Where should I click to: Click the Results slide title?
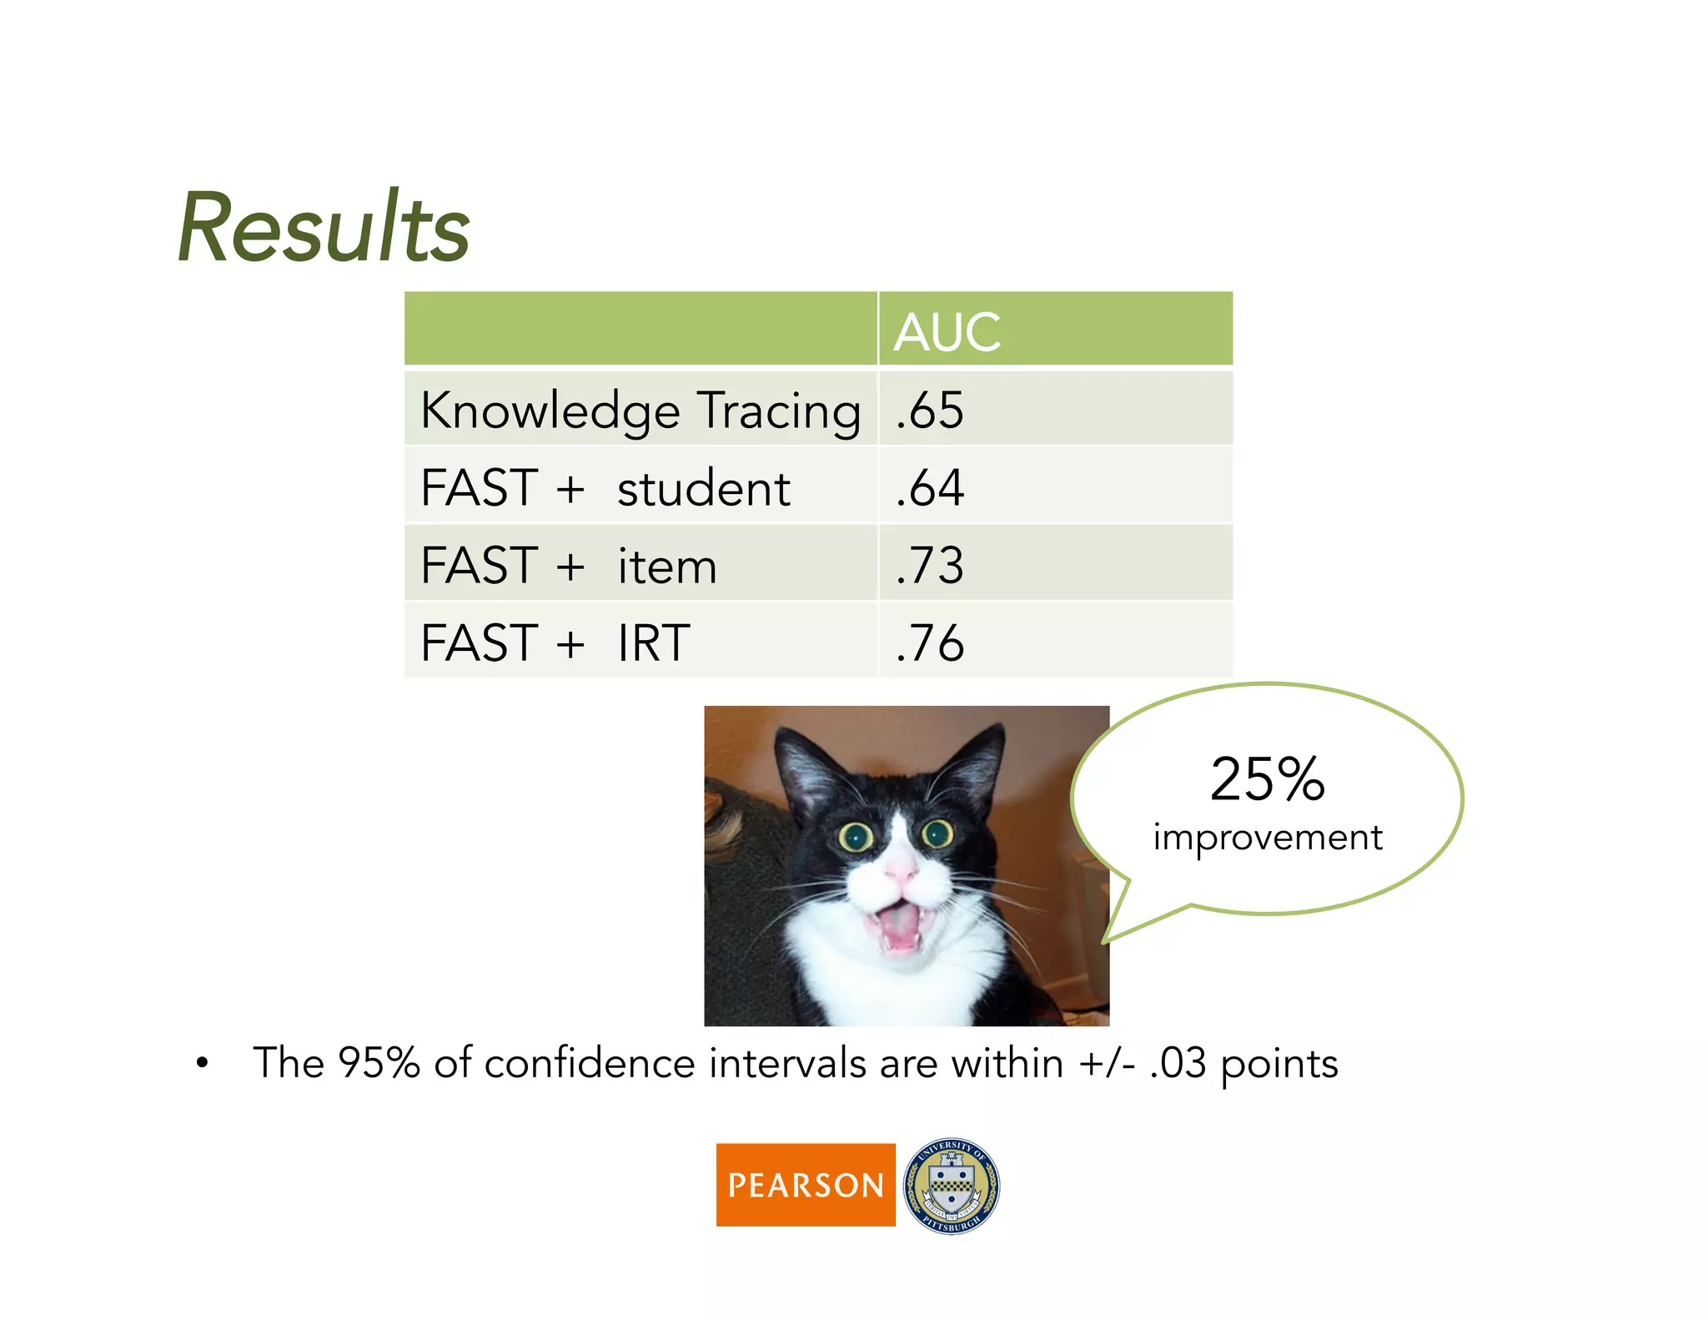[x=324, y=228]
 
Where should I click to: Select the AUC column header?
[x=947, y=332]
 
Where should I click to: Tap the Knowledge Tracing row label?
[x=640, y=411]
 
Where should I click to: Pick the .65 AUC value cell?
[x=930, y=411]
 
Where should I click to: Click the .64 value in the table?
[x=930, y=488]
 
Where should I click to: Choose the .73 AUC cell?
[x=930, y=566]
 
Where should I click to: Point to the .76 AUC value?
[x=930, y=643]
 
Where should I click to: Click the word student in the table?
[x=703, y=489]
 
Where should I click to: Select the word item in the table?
[x=667, y=567]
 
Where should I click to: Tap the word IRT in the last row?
[x=653, y=643]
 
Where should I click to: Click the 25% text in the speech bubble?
[x=1267, y=779]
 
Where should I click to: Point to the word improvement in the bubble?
[x=1267, y=838]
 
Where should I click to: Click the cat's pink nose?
[x=900, y=872]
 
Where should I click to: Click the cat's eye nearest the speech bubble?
[x=937, y=832]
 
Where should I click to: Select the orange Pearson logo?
[x=805, y=1184]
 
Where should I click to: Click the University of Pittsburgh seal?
[x=951, y=1185]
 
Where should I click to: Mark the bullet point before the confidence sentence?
[x=202, y=1064]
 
